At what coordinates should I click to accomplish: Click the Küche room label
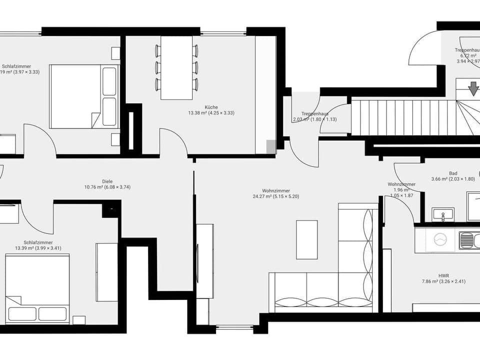click(x=211, y=110)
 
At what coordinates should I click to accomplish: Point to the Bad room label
click(x=453, y=176)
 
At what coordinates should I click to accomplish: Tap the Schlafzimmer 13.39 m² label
click(x=38, y=245)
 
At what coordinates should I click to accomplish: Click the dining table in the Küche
click(x=176, y=67)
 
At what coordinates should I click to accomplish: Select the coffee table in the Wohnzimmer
click(x=306, y=239)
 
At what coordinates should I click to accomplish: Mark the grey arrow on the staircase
click(x=473, y=89)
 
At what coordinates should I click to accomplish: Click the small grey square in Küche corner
click(x=270, y=146)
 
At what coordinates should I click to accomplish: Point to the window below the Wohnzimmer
click(x=234, y=327)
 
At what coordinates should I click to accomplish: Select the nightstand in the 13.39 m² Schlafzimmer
click(x=79, y=320)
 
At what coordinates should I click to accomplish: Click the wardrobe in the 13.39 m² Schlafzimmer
click(x=106, y=272)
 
